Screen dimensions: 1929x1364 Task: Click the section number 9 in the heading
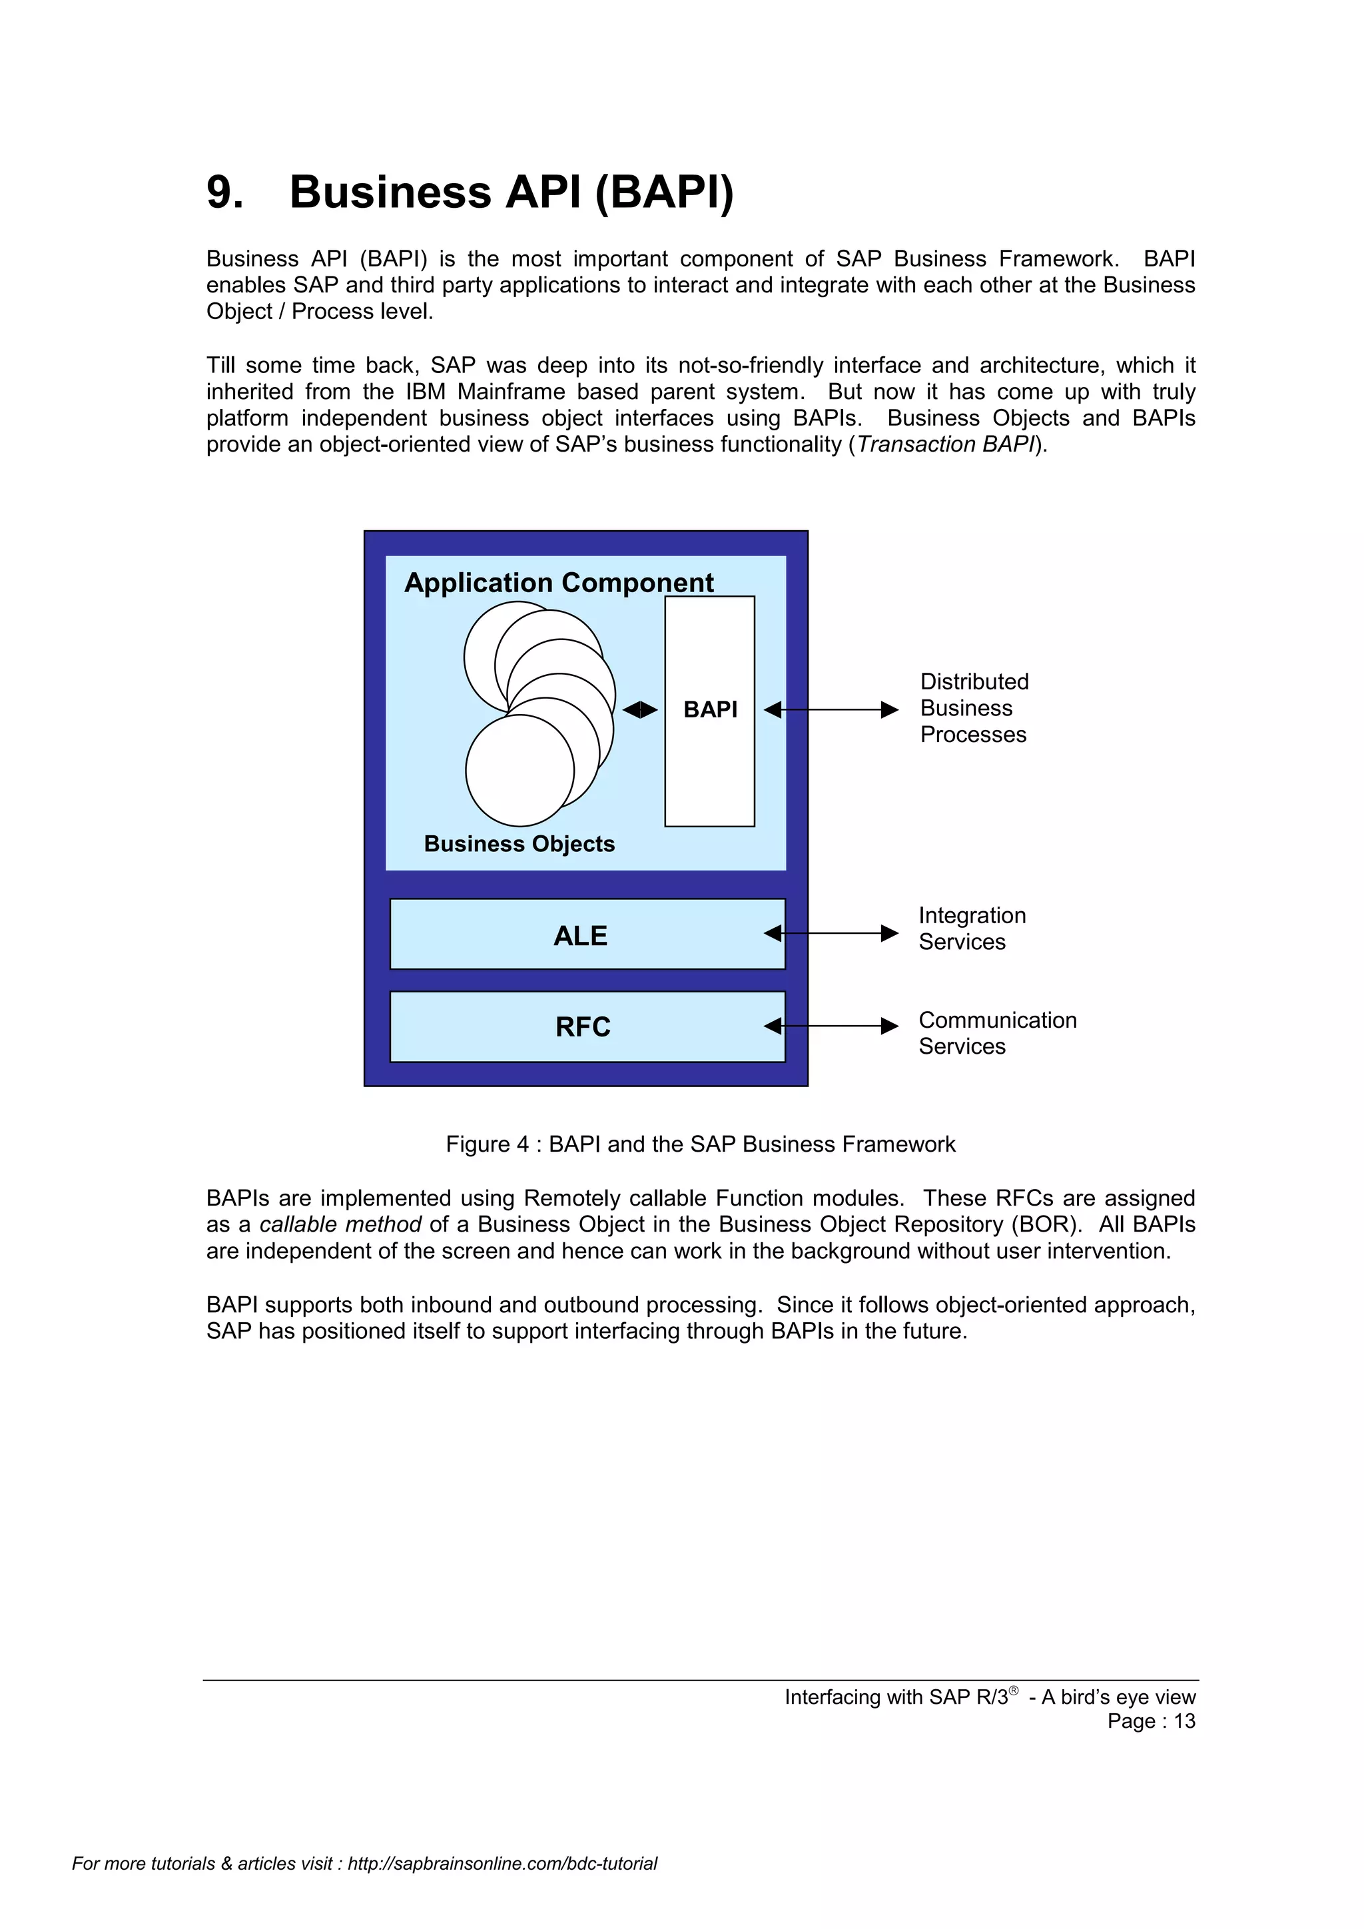pos(222,193)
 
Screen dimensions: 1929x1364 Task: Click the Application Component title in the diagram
pos(559,582)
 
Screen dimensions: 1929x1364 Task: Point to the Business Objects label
pos(519,843)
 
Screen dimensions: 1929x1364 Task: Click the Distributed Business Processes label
pos(974,708)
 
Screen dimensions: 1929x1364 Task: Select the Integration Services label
pos(972,929)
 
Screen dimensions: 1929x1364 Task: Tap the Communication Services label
pos(997,1032)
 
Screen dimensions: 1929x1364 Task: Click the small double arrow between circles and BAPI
pos(640,710)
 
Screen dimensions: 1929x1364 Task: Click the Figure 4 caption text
pos(701,1144)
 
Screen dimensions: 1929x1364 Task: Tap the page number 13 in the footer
pos(1184,1721)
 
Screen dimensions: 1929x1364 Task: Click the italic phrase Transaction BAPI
pos(946,444)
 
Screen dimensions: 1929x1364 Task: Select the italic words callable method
pos(340,1225)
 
